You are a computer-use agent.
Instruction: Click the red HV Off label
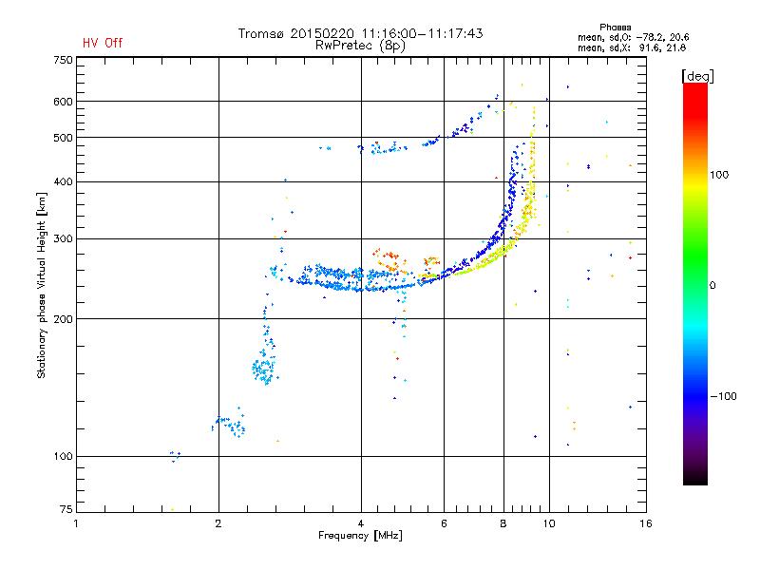point(103,43)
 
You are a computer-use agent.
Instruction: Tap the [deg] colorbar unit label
point(697,75)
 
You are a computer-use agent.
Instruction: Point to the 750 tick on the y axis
point(63,60)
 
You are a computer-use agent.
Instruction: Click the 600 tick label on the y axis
point(63,102)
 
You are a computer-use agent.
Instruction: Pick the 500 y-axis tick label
point(63,138)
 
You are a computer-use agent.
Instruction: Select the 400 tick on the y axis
point(63,181)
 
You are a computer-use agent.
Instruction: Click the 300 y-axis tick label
point(63,239)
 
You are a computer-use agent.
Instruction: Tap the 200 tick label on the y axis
point(63,319)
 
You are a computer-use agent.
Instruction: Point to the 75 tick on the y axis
point(66,511)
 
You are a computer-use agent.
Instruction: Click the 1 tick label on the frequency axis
point(76,523)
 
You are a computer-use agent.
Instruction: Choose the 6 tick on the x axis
point(444,523)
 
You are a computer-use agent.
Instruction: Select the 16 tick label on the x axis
point(644,523)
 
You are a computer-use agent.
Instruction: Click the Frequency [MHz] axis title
point(360,537)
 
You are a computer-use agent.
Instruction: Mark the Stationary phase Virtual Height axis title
point(42,285)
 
